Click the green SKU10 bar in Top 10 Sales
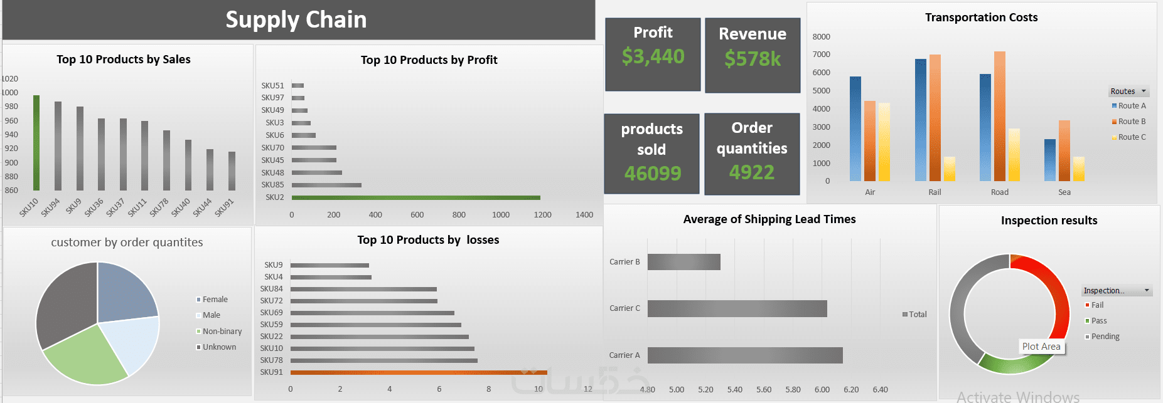36,143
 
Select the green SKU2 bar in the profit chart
415,197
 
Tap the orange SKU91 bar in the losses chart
418,372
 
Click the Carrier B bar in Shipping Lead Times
683,262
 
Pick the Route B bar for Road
999,117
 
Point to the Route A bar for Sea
1049,160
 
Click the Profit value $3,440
653,57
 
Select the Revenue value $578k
753,59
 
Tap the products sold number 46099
652,173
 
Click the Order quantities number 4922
752,172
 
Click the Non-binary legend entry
222,332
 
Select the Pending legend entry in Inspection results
1105,337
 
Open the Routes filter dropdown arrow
1144,92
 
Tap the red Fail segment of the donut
1054,288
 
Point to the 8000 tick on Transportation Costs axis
821,37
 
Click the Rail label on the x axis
935,192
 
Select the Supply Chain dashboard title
296,20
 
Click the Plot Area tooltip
1041,347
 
